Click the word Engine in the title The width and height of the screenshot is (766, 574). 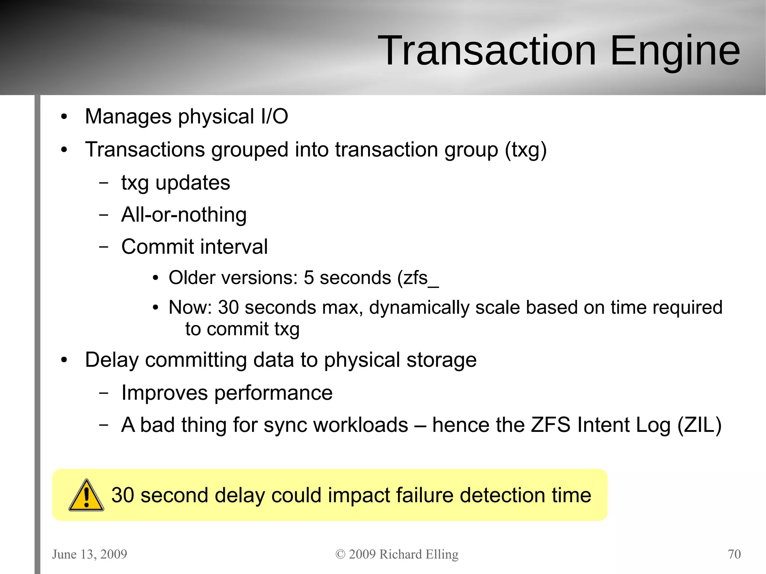click(x=675, y=50)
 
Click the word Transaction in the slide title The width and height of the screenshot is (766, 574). click(x=487, y=50)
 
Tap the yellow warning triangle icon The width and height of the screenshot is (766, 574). click(x=86, y=496)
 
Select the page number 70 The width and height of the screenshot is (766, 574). click(x=734, y=554)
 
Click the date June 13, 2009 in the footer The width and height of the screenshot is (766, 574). click(x=90, y=554)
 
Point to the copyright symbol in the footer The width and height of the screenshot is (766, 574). click(x=340, y=554)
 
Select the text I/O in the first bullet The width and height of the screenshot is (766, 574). click(x=275, y=116)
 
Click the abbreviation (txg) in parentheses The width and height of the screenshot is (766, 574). click(x=526, y=150)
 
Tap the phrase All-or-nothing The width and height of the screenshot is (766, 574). click(x=184, y=215)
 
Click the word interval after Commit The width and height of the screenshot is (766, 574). click(x=236, y=247)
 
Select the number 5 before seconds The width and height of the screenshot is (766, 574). click(x=309, y=278)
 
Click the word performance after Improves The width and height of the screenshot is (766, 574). click(x=273, y=393)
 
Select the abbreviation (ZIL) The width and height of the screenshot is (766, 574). click(x=699, y=425)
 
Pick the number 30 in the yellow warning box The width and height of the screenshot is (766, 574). click(x=123, y=495)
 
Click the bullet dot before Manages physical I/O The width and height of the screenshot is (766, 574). click(x=64, y=117)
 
